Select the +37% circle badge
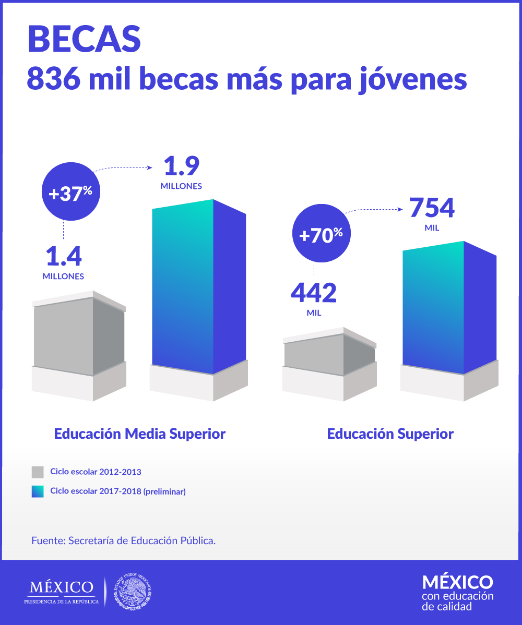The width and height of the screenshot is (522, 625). tap(70, 193)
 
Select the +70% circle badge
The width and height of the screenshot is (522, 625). tap(321, 235)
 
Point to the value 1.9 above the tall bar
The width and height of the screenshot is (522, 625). tap(181, 166)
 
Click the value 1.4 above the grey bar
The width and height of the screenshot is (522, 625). tap(63, 257)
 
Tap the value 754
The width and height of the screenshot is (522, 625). tap(432, 207)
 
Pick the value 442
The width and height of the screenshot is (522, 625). tap(313, 293)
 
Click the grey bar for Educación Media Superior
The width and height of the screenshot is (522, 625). tap(78, 336)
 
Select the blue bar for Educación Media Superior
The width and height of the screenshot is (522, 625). tap(198, 287)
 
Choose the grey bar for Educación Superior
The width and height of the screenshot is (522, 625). tap(329, 355)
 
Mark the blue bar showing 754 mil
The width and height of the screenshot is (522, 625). tap(449, 308)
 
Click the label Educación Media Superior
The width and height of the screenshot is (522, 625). tap(140, 434)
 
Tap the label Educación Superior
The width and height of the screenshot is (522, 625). tap(390, 434)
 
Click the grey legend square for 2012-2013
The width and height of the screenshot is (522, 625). tap(38, 472)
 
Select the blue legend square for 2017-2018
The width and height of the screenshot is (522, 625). tap(38, 491)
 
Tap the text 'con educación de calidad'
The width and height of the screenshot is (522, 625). tap(457, 601)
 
